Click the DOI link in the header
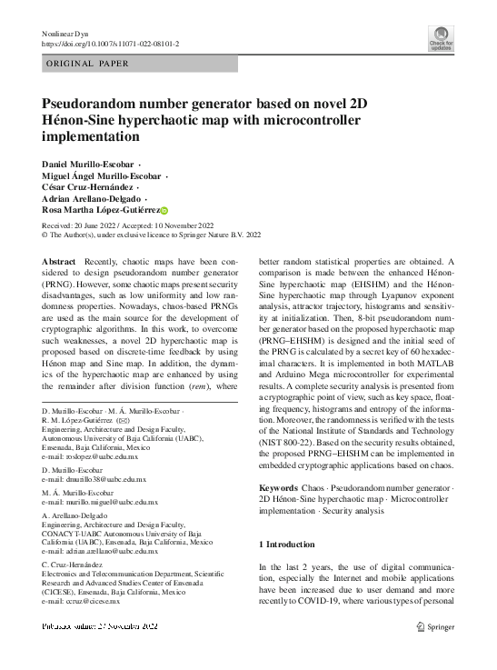point(111,44)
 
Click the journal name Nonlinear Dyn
point(68,33)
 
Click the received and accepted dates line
point(128,225)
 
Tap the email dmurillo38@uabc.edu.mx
point(100,478)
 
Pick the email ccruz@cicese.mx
point(88,600)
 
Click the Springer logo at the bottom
point(433,626)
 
